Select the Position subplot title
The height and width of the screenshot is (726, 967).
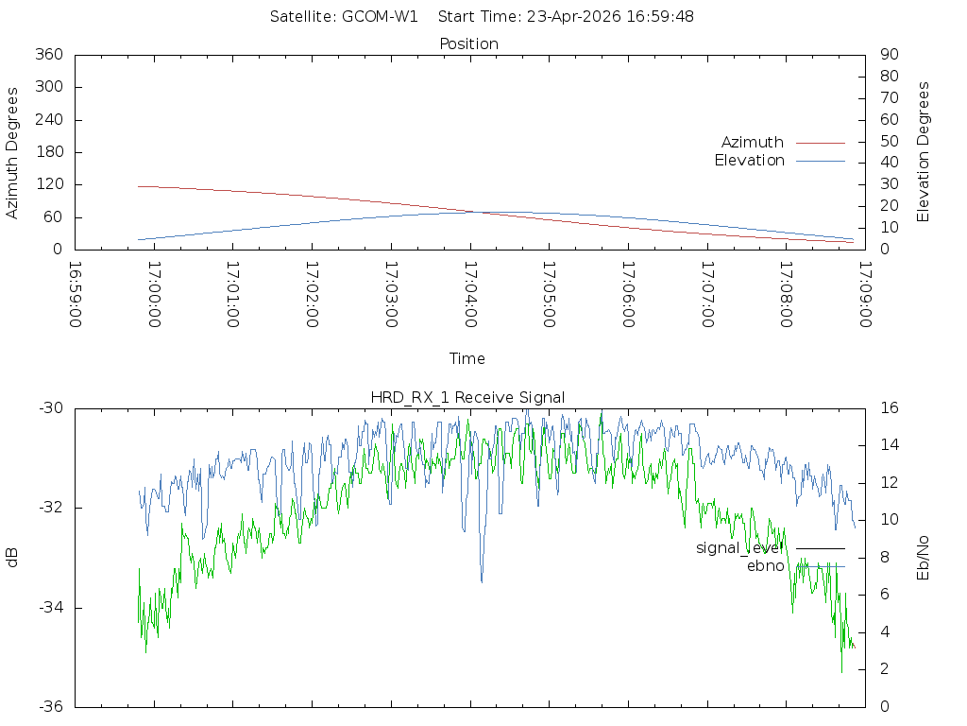click(x=469, y=43)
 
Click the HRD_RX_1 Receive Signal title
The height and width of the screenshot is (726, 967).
click(x=468, y=398)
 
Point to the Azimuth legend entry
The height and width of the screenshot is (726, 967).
click(x=753, y=142)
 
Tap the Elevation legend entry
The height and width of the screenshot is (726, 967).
click(x=749, y=161)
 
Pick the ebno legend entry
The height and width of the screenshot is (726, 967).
click(x=766, y=565)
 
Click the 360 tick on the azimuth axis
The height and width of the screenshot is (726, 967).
click(x=49, y=55)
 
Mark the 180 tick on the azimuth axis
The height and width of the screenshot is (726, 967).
click(x=49, y=152)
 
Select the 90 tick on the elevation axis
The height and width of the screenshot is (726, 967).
click(x=888, y=55)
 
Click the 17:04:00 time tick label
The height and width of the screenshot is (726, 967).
click(x=470, y=294)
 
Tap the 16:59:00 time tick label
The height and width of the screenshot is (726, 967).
click(x=76, y=294)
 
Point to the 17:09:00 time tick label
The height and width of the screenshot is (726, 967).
click(x=864, y=294)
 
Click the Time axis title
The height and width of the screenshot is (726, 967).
click(x=467, y=358)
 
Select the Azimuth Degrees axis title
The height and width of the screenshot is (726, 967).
click(x=12, y=152)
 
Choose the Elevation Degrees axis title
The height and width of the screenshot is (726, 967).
click(x=924, y=151)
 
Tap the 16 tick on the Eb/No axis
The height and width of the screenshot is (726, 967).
click(x=889, y=408)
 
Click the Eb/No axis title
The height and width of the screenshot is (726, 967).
click(x=924, y=558)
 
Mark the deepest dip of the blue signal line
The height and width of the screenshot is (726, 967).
click(x=482, y=581)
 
